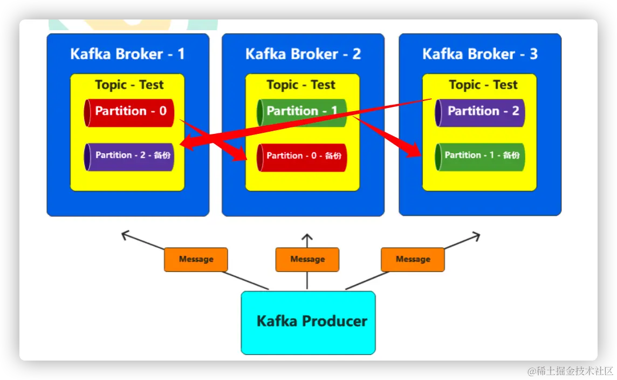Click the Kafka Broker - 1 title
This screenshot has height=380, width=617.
(127, 54)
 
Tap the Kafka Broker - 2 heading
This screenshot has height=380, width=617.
(303, 54)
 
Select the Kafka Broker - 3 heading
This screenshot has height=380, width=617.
(480, 54)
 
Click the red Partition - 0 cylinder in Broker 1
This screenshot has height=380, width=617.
(129, 113)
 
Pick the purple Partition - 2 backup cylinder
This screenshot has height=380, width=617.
(129, 157)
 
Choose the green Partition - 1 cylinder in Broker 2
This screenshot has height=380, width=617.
(302, 113)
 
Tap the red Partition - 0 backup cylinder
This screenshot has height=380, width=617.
(302, 158)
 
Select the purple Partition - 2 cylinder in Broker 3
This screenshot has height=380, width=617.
(479, 113)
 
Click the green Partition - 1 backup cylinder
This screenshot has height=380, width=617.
(479, 157)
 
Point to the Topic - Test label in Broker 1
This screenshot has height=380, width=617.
(129, 85)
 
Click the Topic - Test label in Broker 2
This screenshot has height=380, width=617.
(301, 85)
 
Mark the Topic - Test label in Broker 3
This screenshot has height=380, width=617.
(483, 85)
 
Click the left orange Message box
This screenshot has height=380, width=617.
(196, 260)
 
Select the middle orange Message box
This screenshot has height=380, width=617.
(307, 260)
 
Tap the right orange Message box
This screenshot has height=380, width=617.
(413, 260)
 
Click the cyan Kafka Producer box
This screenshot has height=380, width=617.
(308, 322)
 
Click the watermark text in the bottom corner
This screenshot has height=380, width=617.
(570, 371)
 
